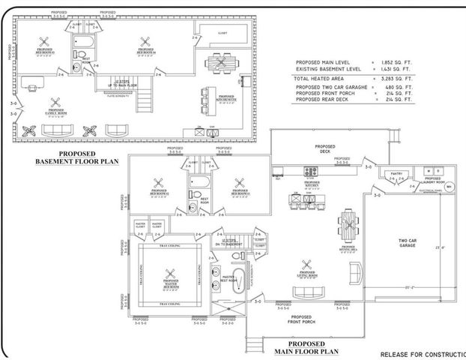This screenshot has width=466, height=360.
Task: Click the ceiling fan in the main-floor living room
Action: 306,263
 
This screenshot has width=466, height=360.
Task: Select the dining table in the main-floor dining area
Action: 348,225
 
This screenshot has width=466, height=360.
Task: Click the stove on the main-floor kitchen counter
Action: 311,172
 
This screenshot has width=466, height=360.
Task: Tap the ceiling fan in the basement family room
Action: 54,103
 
